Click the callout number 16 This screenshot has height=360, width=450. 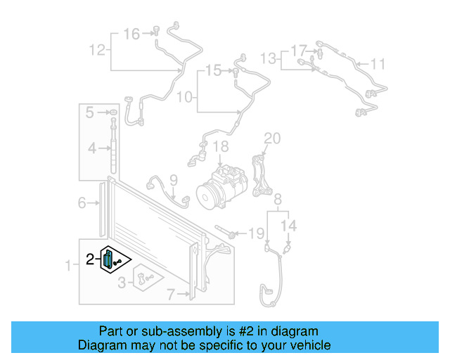(131, 33)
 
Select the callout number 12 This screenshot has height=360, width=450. (97, 50)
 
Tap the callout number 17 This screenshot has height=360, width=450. (299, 51)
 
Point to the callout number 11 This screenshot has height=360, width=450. (378, 65)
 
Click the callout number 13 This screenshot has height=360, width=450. (269, 57)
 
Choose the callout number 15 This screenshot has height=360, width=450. (213, 70)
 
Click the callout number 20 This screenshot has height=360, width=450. (272, 137)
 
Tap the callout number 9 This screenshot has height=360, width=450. (173, 180)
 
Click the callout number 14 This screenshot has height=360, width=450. (289, 226)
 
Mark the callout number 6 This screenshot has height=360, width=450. (82, 203)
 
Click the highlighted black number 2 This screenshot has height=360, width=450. (90, 259)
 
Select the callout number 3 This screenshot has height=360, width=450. (122, 283)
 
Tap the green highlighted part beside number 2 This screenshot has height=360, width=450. (108, 259)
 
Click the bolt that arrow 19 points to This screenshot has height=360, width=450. (226, 233)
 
